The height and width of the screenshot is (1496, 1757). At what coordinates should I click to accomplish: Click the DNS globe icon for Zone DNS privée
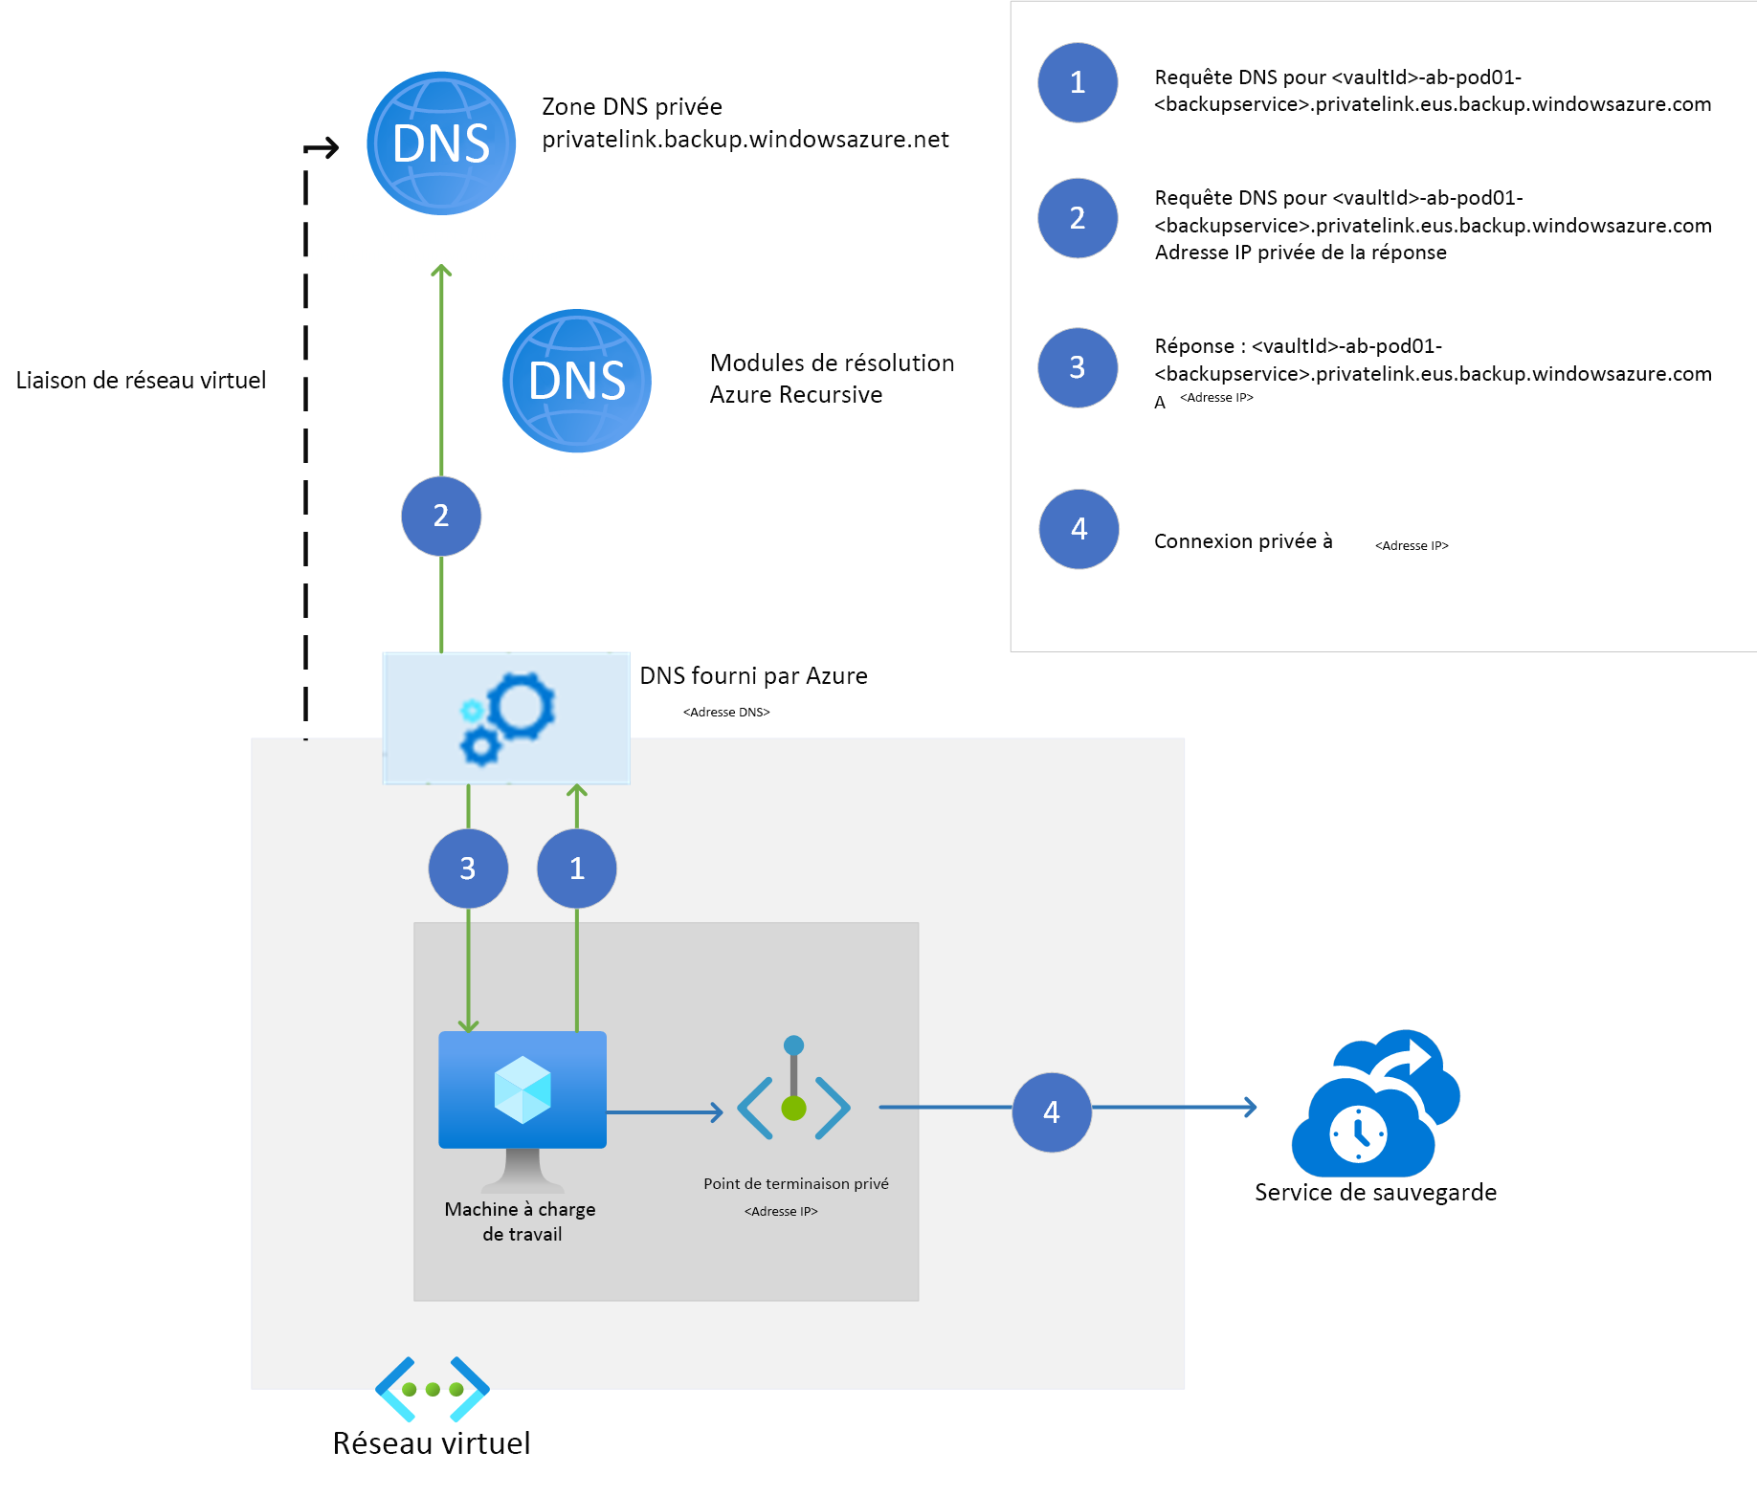pos(441,143)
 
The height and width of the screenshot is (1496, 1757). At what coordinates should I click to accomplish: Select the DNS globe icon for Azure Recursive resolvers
pos(577,381)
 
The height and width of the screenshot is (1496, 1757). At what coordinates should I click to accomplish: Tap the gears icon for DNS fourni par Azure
pos(506,718)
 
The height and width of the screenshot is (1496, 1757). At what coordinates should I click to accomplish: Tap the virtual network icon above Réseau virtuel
pos(433,1389)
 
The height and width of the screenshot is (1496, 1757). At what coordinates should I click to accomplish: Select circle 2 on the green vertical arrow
pos(441,517)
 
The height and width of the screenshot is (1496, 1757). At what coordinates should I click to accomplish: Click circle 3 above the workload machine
pos(468,869)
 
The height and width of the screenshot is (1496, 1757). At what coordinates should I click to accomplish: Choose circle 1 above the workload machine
pos(577,869)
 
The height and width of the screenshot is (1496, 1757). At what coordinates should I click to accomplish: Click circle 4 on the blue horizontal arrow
pos(1052,1112)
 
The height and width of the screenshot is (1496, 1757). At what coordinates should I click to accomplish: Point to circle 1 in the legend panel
pos(1078,83)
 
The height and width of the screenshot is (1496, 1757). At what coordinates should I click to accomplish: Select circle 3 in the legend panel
pos(1078,368)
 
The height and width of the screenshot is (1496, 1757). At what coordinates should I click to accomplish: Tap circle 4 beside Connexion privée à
pos(1079,529)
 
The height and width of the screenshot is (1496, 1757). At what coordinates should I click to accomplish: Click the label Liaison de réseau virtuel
pos(142,381)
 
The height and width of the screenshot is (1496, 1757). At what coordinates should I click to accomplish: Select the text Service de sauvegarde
pos(1375,1193)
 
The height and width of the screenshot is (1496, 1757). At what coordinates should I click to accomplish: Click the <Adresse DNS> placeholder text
pos(726,713)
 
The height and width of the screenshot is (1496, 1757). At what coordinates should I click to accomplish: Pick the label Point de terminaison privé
pos(796,1184)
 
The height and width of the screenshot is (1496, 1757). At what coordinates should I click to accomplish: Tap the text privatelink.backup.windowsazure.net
pos(745,140)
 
